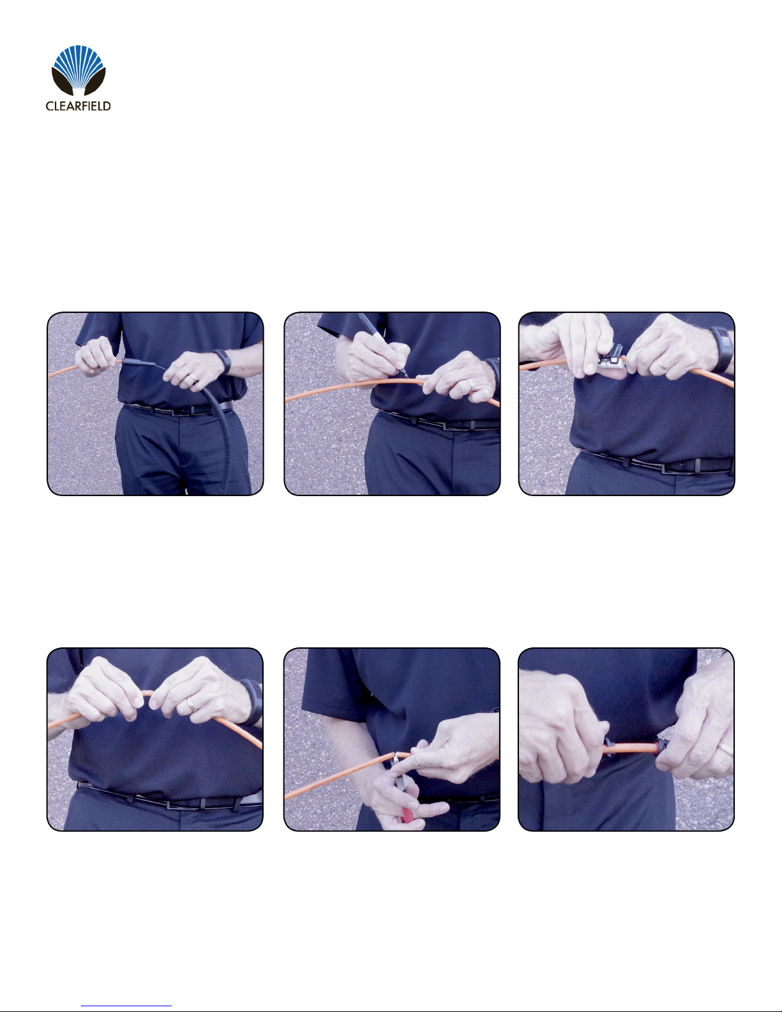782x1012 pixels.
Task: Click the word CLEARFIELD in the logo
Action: (x=78, y=106)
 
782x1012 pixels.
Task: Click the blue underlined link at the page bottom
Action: (x=126, y=1006)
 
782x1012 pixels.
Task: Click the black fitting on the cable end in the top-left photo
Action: (x=135, y=361)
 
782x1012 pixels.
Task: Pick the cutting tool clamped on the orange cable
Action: (x=612, y=358)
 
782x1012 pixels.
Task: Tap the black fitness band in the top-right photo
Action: (x=722, y=349)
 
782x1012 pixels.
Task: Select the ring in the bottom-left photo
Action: (x=192, y=705)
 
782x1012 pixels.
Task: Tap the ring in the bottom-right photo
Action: (x=727, y=750)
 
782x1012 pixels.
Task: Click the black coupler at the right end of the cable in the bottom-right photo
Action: (x=661, y=748)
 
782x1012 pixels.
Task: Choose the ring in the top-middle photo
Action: (x=471, y=384)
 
